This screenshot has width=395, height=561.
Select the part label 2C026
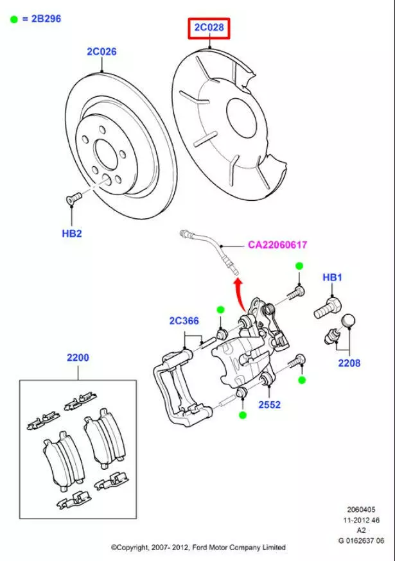(x=101, y=51)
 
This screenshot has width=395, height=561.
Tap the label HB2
(x=72, y=234)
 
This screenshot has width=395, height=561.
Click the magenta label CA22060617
(x=277, y=245)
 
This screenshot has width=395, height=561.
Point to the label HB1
(x=332, y=277)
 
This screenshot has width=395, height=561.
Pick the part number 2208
(x=349, y=363)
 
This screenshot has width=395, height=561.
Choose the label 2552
(x=269, y=405)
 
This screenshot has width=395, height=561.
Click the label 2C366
(x=184, y=321)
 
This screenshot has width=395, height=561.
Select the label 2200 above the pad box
(x=78, y=358)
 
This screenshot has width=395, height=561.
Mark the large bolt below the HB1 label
(x=326, y=309)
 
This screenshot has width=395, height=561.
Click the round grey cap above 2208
(x=347, y=321)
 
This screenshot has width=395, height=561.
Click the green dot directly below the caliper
(x=242, y=415)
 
